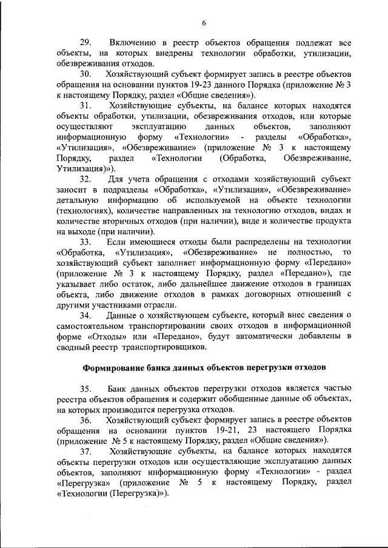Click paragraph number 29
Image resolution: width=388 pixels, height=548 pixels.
(x=85, y=42)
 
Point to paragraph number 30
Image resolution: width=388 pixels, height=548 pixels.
(x=85, y=73)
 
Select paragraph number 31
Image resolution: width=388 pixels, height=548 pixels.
(x=85, y=105)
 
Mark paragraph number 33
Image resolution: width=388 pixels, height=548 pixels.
(x=85, y=242)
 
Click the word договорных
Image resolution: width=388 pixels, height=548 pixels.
(x=257, y=294)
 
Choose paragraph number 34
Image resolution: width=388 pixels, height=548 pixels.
(x=85, y=315)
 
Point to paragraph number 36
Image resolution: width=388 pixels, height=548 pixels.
(x=85, y=420)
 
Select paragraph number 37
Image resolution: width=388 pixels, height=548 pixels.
(x=85, y=451)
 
